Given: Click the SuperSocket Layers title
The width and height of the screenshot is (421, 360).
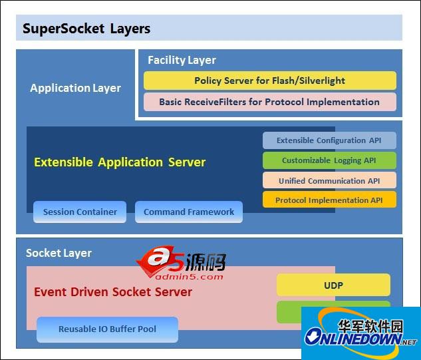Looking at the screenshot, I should [x=86, y=29].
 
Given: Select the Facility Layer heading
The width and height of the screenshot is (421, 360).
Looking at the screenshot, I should [x=182, y=60].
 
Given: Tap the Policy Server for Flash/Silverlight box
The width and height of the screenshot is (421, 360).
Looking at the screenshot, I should [x=269, y=81].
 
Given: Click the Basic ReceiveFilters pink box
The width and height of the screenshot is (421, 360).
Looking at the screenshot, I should [x=269, y=102].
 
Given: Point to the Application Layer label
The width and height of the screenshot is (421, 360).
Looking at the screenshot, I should [x=75, y=88].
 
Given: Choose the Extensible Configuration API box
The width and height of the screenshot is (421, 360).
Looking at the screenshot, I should [x=330, y=140].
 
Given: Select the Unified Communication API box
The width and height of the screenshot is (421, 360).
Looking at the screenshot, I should [x=330, y=180].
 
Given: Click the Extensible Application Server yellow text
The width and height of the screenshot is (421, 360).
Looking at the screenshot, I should [x=120, y=162].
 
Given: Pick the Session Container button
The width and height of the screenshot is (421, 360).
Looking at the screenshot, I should [x=80, y=212].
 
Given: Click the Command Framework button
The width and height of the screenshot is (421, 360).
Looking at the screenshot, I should [x=189, y=212].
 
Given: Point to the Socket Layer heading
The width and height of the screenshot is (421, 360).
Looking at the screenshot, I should [x=59, y=253].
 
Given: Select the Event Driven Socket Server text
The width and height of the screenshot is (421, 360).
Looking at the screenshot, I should [x=113, y=291].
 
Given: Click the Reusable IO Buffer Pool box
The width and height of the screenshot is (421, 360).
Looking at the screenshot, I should [x=107, y=329].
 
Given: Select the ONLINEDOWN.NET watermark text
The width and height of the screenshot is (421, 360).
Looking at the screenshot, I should [x=360, y=339].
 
